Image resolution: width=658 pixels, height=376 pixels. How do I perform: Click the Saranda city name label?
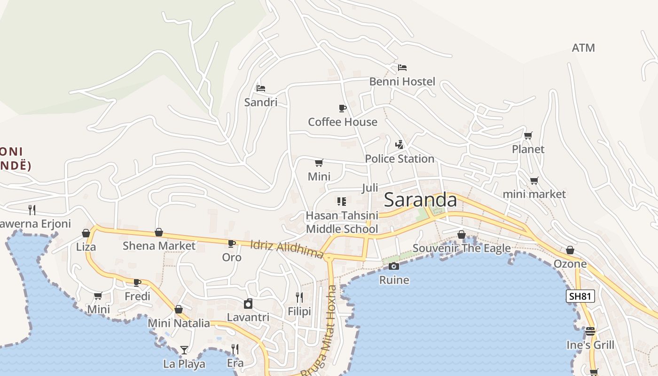420,200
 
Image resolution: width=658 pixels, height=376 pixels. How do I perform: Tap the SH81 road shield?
581,296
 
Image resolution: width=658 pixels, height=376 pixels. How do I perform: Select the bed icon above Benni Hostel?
402,68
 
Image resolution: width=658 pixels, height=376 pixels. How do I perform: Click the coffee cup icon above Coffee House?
343,109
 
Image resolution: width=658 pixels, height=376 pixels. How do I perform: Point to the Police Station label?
399,159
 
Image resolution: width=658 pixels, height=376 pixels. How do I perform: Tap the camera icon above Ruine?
394,266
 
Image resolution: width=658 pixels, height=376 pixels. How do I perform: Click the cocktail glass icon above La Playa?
184,350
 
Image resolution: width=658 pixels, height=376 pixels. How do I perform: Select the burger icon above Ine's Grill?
590,331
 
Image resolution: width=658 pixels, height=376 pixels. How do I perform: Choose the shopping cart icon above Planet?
528,136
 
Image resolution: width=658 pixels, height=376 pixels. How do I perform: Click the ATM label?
583,48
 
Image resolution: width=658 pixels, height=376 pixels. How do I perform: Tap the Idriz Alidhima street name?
287,249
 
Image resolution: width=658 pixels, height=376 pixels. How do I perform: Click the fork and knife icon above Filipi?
299,297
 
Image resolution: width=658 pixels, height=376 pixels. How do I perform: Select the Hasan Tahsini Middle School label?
342,222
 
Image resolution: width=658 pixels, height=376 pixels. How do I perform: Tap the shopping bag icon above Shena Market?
159,232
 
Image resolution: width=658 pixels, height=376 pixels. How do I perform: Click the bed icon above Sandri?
261,88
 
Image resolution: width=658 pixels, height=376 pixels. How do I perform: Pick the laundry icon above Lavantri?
248,304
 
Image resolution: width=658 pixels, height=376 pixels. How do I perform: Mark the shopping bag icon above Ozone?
570,250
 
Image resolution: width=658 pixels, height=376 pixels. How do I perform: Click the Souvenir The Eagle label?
462,248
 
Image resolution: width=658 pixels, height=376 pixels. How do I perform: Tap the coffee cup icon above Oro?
231,243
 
